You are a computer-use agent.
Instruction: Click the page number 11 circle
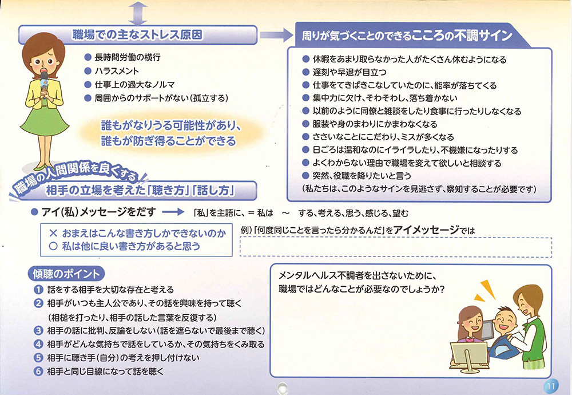click(x=551, y=385)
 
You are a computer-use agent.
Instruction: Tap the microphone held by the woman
click(x=44, y=82)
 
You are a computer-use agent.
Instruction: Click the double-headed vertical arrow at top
click(x=137, y=13)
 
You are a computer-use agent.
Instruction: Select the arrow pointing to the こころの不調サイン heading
click(x=276, y=35)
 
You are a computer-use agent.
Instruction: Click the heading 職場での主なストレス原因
click(x=137, y=35)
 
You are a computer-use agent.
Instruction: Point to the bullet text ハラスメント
click(x=117, y=71)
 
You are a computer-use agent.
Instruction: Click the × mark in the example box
click(x=53, y=233)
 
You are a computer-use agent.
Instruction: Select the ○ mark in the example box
click(x=53, y=246)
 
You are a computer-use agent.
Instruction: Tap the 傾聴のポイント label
click(x=66, y=274)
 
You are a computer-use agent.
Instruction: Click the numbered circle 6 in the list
click(x=38, y=372)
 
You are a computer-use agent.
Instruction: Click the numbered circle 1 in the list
click(x=38, y=290)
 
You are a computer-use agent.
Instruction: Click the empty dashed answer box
click(x=396, y=247)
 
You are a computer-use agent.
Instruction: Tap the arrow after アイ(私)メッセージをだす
click(x=173, y=212)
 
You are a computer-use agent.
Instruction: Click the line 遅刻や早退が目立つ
click(x=349, y=72)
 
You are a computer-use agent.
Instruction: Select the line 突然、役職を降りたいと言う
click(x=362, y=176)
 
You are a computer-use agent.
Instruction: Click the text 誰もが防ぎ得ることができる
click(x=169, y=141)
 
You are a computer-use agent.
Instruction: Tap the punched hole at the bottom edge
click(x=282, y=387)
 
